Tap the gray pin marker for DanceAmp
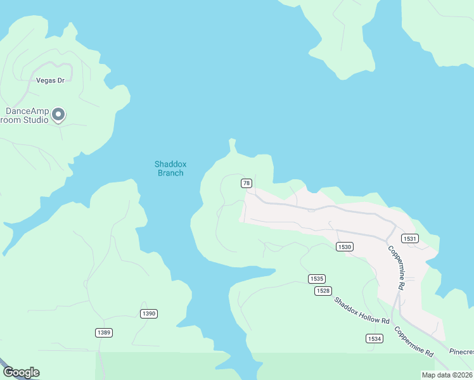click(x=58, y=114)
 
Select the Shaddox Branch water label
click(x=169, y=168)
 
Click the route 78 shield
click(x=247, y=183)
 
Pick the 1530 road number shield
click(x=345, y=246)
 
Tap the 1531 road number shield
click(x=409, y=238)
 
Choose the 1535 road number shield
click(x=317, y=279)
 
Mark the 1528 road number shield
click(x=323, y=291)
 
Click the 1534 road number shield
click(x=374, y=339)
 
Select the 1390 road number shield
click(x=148, y=313)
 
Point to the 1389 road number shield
click(x=104, y=332)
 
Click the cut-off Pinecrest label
click(x=461, y=351)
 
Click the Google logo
click(x=21, y=372)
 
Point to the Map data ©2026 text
click(x=447, y=375)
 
